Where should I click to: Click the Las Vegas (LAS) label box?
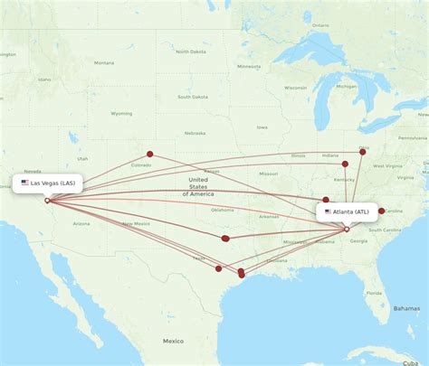(50, 183)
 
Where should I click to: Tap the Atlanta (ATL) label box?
(348, 211)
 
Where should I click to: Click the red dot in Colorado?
(150, 154)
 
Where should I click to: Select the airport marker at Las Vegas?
(47, 201)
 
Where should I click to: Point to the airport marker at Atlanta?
(347, 229)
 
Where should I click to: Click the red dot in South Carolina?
(381, 211)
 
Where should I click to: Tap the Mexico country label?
(173, 341)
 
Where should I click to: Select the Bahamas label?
(406, 308)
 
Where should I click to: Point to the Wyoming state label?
(121, 114)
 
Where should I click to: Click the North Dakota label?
(191, 52)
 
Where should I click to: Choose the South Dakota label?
(192, 97)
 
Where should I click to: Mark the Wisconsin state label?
(295, 88)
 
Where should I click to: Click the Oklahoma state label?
(223, 210)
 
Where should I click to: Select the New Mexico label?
(136, 222)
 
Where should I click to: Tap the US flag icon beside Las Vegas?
(25, 183)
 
